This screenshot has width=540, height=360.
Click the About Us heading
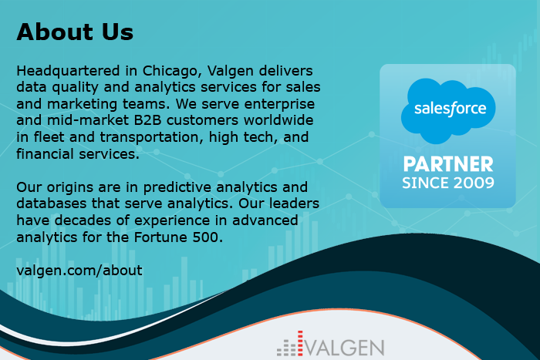click(x=75, y=32)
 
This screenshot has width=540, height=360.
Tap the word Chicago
click(x=169, y=71)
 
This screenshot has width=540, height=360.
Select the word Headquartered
click(x=68, y=71)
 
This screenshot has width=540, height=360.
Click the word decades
click(x=83, y=220)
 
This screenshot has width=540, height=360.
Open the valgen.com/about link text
click(x=79, y=271)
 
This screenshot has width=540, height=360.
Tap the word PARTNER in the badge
click(x=448, y=164)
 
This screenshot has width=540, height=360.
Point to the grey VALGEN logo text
click(x=345, y=348)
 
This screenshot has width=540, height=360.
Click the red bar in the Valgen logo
click(x=300, y=343)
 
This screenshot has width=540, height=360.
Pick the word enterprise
click(x=279, y=104)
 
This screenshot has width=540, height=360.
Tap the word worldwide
click(x=278, y=120)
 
